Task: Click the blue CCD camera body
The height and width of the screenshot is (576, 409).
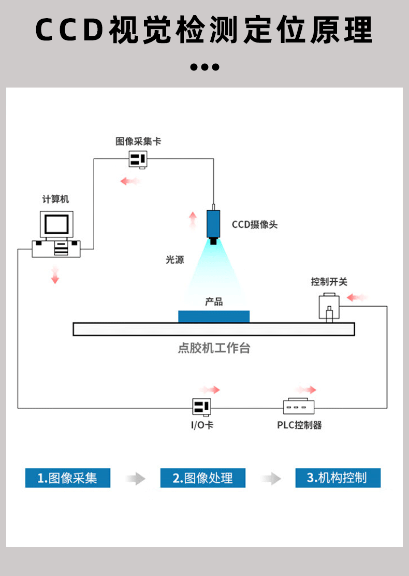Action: click(x=213, y=224)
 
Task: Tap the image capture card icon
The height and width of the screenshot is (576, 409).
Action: click(x=138, y=160)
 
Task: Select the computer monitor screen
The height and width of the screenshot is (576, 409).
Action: click(x=56, y=224)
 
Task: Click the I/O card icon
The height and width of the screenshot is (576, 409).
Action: click(x=201, y=407)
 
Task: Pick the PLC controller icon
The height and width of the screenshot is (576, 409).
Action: click(x=299, y=406)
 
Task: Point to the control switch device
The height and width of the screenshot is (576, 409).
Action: click(x=329, y=308)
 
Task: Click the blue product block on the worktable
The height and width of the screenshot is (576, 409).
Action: click(x=214, y=316)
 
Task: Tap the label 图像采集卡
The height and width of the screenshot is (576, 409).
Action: click(x=138, y=141)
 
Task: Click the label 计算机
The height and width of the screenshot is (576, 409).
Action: click(x=55, y=199)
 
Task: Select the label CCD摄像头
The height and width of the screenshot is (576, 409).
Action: click(x=255, y=224)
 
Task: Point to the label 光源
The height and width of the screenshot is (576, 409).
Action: click(x=175, y=260)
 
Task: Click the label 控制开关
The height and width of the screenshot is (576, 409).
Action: click(x=329, y=282)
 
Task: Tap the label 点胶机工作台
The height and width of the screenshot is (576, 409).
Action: click(x=214, y=348)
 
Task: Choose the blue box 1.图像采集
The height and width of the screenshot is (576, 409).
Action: click(x=67, y=478)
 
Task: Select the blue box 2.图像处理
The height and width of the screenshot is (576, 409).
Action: click(x=202, y=478)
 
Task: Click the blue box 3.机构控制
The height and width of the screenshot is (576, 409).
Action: click(x=338, y=478)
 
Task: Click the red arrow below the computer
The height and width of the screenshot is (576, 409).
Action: click(x=55, y=275)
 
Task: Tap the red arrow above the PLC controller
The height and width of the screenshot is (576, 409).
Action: click(x=306, y=390)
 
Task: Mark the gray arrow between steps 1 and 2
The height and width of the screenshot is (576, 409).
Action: click(x=136, y=479)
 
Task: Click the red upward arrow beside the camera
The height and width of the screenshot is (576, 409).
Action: click(x=193, y=220)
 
